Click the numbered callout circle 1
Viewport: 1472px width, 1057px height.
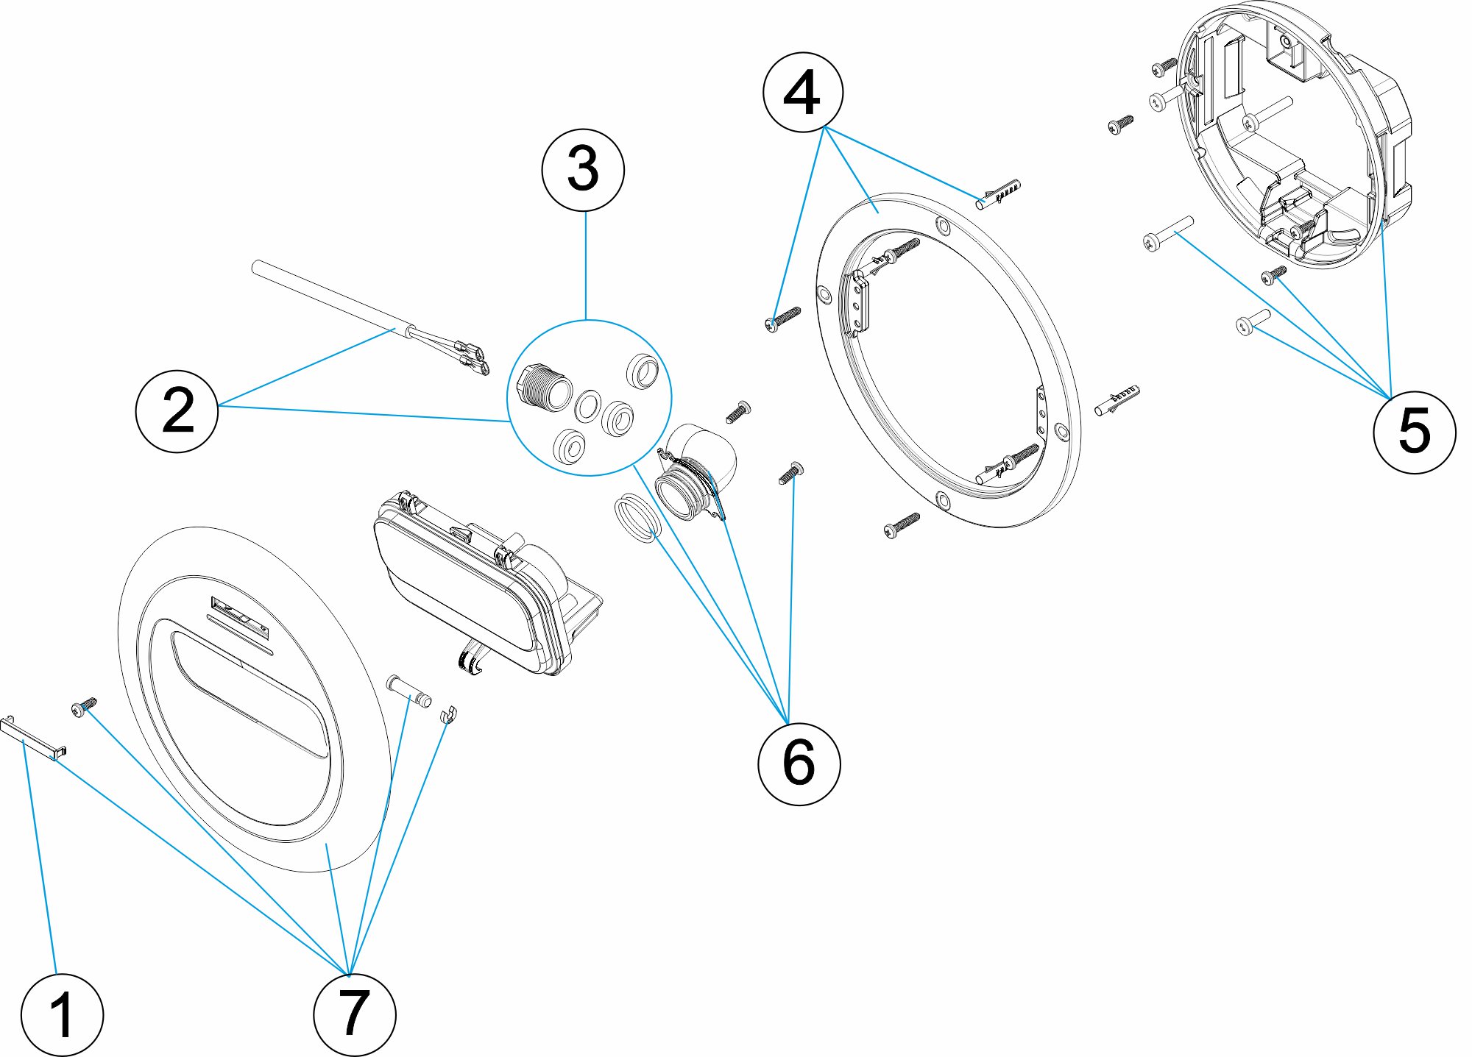62,1015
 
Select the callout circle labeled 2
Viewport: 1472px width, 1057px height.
177,410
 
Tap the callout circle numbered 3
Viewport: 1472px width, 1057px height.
583,170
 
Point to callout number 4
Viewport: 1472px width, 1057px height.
802,93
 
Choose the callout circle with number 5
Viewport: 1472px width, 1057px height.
1414,432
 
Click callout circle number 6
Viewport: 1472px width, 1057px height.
799,764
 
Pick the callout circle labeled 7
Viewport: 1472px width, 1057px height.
354,1014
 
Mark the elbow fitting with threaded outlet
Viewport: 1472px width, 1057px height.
699,471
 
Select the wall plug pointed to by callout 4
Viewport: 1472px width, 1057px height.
999,193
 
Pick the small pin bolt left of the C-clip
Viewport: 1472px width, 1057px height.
409,691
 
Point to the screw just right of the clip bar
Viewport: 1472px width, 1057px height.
84,706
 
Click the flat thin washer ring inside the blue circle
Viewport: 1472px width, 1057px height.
587,405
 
